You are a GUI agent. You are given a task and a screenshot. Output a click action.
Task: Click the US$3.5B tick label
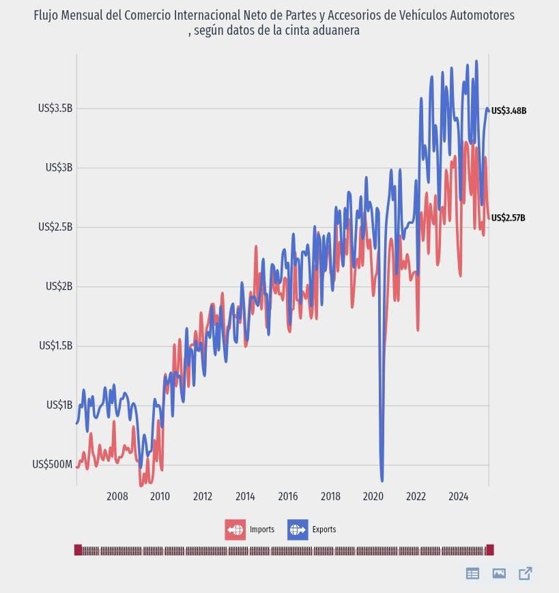(x=55, y=108)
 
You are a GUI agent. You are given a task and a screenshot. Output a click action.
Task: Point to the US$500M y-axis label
(x=52, y=464)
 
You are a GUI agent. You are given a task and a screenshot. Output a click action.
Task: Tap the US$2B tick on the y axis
(x=59, y=286)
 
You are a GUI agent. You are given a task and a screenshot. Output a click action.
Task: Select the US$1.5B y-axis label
(x=55, y=345)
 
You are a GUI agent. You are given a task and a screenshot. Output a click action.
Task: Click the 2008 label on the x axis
(x=117, y=496)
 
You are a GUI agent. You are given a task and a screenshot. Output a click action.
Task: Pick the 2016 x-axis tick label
(x=287, y=496)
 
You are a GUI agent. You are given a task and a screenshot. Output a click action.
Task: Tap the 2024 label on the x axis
(x=458, y=496)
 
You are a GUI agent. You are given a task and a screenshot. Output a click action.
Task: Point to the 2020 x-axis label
(x=373, y=496)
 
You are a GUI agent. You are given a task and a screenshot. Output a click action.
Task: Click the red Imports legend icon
(x=235, y=530)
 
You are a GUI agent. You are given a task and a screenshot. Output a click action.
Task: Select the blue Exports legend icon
(x=298, y=530)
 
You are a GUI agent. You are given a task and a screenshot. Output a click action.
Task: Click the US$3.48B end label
(x=508, y=111)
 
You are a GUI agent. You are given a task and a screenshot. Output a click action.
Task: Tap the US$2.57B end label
(x=508, y=218)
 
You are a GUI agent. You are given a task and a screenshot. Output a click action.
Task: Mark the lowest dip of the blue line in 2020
(x=382, y=480)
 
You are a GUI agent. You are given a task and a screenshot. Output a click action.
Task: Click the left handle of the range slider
(x=78, y=550)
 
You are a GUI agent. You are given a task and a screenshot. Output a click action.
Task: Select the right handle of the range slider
(x=489, y=550)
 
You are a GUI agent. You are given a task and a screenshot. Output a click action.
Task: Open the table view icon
(x=472, y=573)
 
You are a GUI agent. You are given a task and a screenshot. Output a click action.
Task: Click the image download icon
(x=499, y=573)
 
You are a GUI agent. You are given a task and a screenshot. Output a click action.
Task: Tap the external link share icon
(x=525, y=573)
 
